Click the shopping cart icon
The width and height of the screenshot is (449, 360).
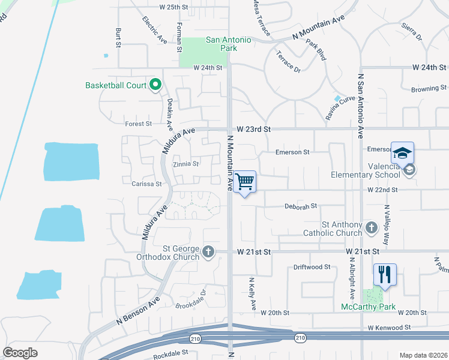click(x=244, y=181)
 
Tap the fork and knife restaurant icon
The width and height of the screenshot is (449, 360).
click(x=385, y=274)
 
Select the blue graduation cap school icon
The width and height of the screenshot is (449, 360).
click(x=402, y=152)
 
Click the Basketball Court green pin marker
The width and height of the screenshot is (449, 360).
click(x=155, y=85)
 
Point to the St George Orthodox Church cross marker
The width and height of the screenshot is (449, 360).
click(x=208, y=251)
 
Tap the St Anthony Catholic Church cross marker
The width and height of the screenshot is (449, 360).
click(x=372, y=227)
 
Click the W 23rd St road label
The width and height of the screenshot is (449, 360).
click(x=254, y=129)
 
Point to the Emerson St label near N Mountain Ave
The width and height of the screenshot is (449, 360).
click(x=292, y=152)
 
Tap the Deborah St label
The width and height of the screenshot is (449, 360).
click(x=301, y=206)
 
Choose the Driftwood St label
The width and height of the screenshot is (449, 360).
click(x=312, y=266)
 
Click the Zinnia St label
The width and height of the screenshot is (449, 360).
click(x=185, y=163)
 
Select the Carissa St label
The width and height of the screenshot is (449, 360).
click(x=146, y=184)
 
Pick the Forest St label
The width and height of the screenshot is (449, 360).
click(x=139, y=124)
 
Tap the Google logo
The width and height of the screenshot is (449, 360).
click(x=20, y=353)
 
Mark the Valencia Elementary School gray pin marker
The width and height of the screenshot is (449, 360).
click(x=409, y=170)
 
